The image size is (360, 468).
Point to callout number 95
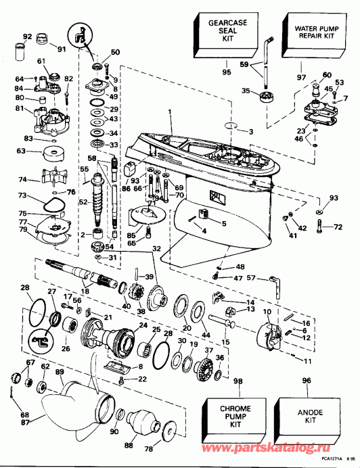[x=226, y=72]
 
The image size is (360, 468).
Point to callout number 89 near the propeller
[x=60, y=372]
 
